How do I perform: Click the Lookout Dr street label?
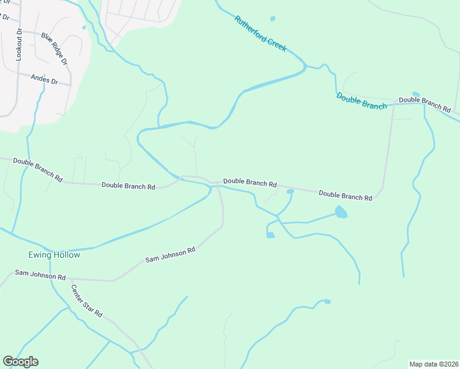19,44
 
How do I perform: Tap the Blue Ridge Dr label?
54,49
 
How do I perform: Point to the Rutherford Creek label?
260,34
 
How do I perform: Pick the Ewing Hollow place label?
54,255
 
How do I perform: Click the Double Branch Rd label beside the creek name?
424,103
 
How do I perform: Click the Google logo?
20,362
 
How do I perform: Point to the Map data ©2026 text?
433,363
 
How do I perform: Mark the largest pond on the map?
341,213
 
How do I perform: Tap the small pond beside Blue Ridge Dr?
84,27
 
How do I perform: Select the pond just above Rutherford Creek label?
272,18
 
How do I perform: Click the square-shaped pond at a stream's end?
270,235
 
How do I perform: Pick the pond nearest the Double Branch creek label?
416,94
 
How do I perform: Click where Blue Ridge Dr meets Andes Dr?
70,84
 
